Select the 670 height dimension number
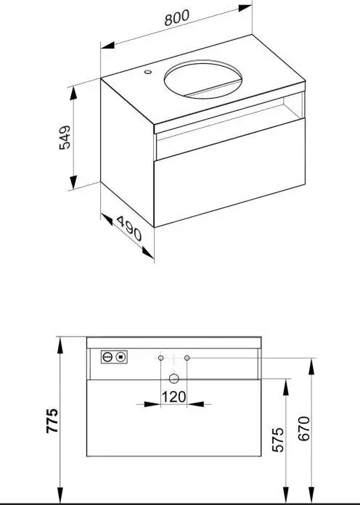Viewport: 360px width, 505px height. [x=305, y=430]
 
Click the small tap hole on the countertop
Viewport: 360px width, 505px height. [x=148, y=73]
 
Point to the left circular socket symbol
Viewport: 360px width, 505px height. [x=107, y=356]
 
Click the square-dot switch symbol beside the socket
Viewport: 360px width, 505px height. [x=121, y=356]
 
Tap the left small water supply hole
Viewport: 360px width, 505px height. [x=160, y=358]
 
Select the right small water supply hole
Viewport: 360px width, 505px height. [x=187, y=358]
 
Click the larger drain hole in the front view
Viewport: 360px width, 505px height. [x=173, y=377]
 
